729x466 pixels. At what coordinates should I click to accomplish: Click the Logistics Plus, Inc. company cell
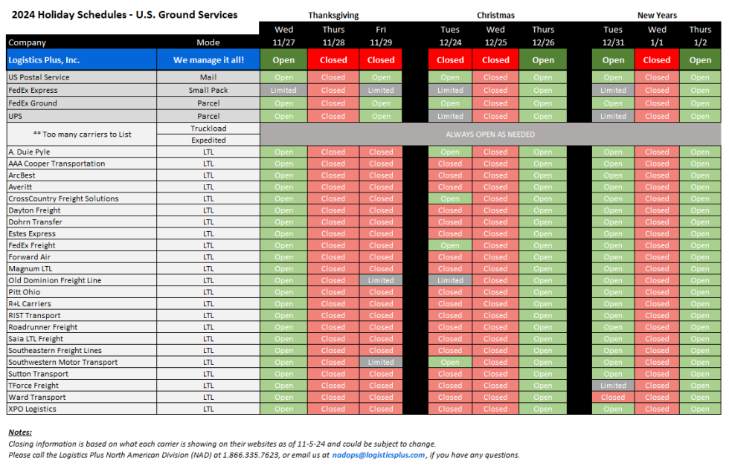(81, 59)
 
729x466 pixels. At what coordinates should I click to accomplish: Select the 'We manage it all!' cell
(208, 59)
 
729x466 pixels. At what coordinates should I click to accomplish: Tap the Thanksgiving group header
(333, 15)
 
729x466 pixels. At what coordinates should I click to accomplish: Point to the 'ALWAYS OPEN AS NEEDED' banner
(490, 134)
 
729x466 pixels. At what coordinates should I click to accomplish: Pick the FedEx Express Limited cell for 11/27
(283, 90)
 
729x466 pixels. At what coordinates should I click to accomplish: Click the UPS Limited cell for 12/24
(450, 116)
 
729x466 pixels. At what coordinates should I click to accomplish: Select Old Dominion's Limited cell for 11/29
(381, 280)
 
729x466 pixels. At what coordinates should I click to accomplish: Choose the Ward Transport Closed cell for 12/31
(613, 397)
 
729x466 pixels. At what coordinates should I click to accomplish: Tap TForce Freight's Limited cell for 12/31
(613, 386)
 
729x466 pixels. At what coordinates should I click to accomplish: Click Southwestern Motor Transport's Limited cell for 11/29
(381, 362)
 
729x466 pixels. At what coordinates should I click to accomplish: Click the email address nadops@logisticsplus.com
(380, 455)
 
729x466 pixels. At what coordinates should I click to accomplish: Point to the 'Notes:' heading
(20, 432)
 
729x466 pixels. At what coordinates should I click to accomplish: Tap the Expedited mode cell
(208, 140)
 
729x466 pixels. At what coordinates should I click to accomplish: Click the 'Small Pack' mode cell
(208, 90)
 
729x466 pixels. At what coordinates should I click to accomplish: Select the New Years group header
(658, 15)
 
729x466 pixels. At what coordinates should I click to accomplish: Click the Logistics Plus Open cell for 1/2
(700, 59)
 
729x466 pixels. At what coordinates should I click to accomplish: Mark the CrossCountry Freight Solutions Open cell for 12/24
(450, 198)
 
